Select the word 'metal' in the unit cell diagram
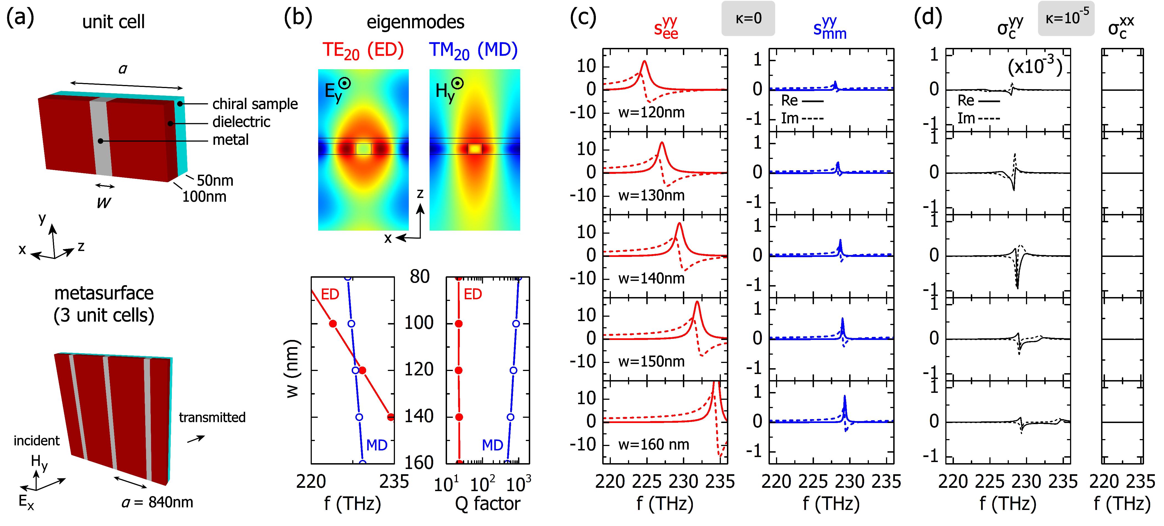231,140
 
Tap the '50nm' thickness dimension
215,181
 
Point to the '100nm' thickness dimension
204,197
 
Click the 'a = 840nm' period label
157,502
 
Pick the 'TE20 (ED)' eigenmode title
363,51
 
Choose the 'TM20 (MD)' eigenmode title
473,51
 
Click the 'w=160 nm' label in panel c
654,445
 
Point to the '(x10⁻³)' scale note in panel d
1035,67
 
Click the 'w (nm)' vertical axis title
293,369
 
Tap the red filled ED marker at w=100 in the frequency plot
333,324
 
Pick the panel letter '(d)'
928,18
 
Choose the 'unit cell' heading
113,22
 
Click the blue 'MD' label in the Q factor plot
492,445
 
